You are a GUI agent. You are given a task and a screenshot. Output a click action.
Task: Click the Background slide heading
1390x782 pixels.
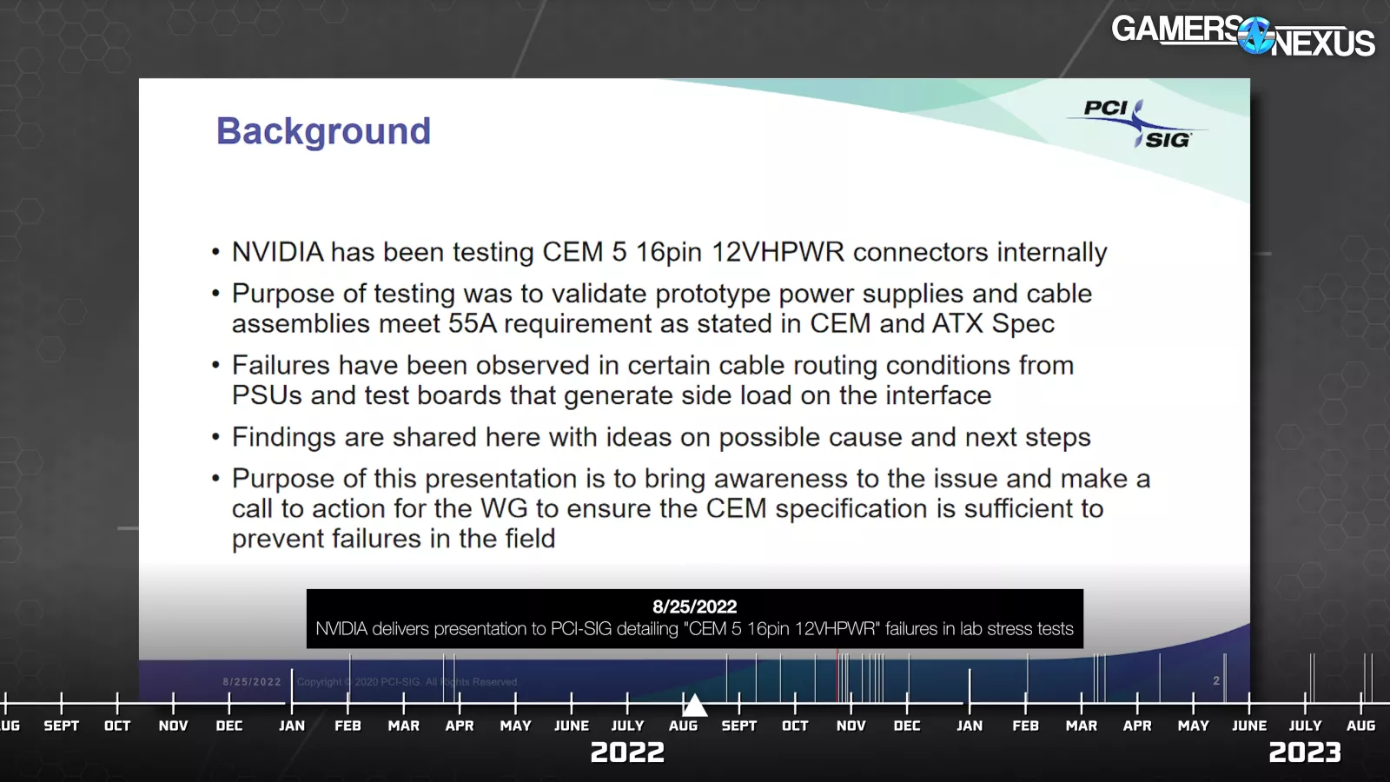pyautogui.click(x=323, y=131)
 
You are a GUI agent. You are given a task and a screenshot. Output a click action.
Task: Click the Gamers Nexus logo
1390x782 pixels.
pyautogui.click(x=1243, y=36)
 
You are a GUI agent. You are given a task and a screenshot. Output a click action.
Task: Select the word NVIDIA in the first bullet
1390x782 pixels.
pyautogui.click(x=277, y=252)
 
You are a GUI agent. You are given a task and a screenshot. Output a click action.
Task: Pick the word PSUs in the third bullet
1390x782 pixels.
pyautogui.click(x=267, y=395)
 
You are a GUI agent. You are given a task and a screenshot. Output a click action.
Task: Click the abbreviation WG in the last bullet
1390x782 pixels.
pyautogui.click(x=504, y=509)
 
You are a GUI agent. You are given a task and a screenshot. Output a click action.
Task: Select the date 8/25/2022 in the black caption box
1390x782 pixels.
pyautogui.click(x=694, y=606)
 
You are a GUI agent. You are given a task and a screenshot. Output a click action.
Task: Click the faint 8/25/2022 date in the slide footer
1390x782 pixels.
pyautogui.click(x=252, y=681)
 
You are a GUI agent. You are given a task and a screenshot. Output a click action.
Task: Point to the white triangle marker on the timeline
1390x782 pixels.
pyautogui.click(x=695, y=705)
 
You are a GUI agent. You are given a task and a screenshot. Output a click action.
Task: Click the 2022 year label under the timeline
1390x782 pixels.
pyautogui.click(x=627, y=752)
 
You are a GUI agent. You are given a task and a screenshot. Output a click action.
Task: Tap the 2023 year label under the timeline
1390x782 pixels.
pyautogui.click(x=1304, y=752)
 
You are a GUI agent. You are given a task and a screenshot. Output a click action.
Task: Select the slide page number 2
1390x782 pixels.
pyautogui.click(x=1216, y=681)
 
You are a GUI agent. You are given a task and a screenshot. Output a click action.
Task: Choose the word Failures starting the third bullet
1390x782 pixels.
pyautogui.click(x=281, y=366)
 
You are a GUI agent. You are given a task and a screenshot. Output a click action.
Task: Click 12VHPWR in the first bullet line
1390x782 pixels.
pyautogui.click(x=778, y=252)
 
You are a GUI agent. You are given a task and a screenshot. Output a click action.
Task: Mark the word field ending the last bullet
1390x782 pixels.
pyautogui.click(x=530, y=539)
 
